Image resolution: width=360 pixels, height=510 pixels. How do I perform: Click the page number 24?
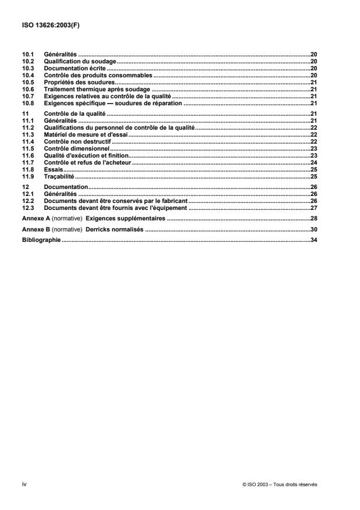tap(313, 163)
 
